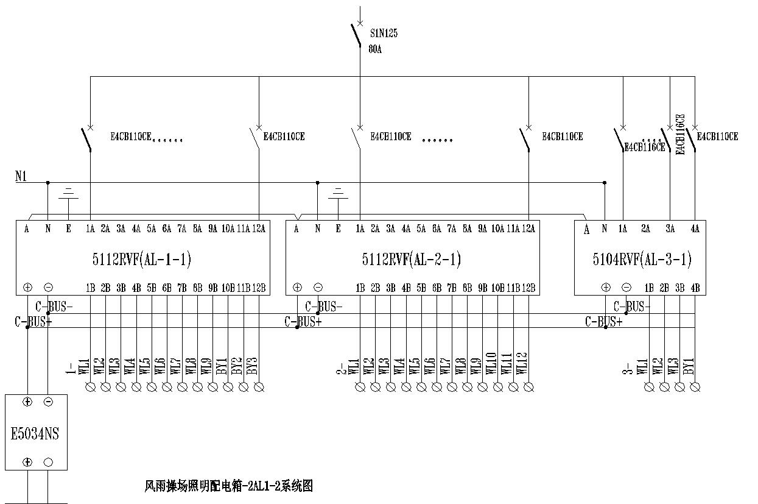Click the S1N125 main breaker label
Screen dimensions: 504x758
[x=384, y=34]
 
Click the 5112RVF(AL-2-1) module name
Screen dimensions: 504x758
[x=411, y=260]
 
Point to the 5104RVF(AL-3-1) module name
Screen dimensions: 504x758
[x=642, y=260]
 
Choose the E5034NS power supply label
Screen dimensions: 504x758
[x=35, y=434]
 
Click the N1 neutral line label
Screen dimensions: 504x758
[x=21, y=177]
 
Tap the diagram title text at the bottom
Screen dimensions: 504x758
[x=228, y=486]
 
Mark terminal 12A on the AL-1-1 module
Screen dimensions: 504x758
[x=259, y=229]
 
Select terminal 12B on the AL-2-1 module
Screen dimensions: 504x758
[x=528, y=288]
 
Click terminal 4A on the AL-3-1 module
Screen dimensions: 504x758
[x=695, y=229]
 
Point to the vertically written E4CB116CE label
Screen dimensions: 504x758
[x=681, y=134]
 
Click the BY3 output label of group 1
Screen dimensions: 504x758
[x=259, y=366]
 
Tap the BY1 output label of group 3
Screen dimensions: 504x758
[x=689, y=366]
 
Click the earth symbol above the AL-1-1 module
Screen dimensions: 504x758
[x=68, y=193]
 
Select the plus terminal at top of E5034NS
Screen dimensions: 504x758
[x=27, y=402]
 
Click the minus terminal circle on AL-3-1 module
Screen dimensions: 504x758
[x=626, y=288]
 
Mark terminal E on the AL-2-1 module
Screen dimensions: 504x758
[x=338, y=229]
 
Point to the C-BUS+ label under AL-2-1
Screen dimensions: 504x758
[x=303, y=322]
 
